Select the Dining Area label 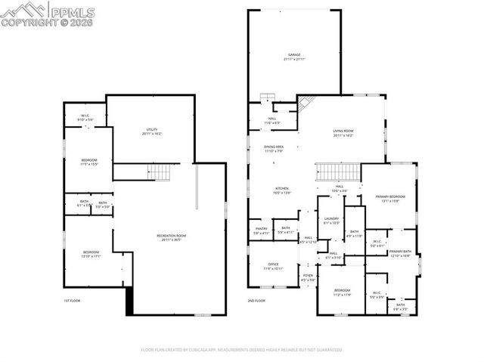[274, 148]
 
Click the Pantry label [261, 231]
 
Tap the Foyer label [309, 277]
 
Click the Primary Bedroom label [389, 199]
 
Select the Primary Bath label [400, 253]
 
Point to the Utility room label [150, 131]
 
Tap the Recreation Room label [172, 237]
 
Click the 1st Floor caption [72, 301]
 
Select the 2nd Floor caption [256, 301]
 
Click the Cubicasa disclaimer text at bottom [242, 350]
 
